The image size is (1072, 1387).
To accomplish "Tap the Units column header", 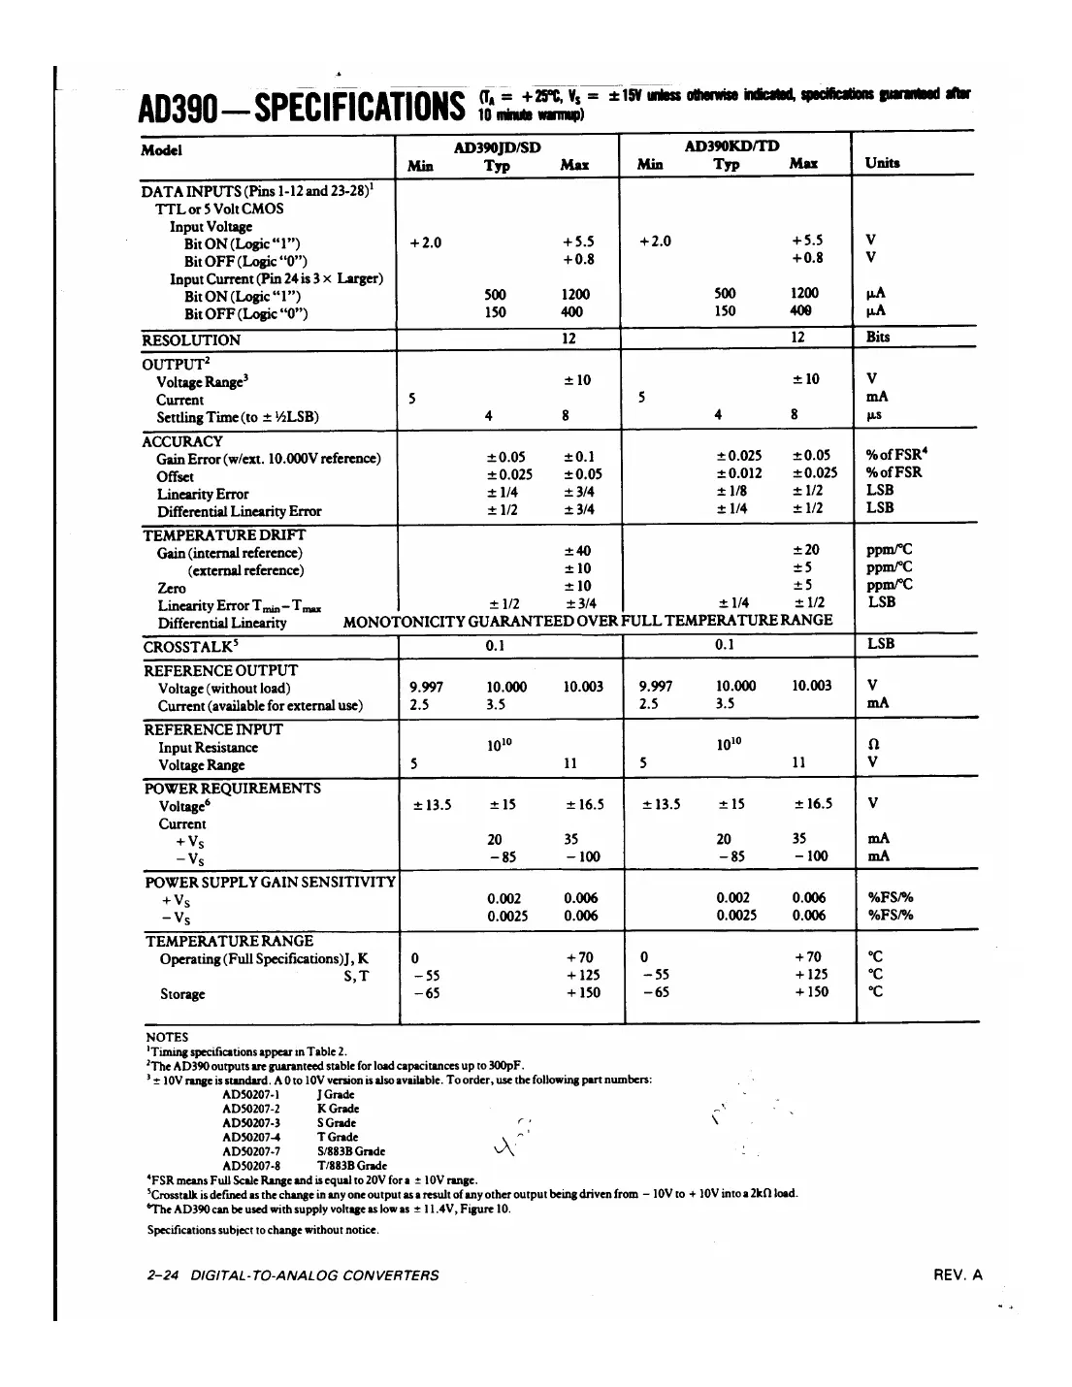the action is (x=882, y=163).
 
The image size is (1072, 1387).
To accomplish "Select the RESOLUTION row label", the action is (x=191, y=340).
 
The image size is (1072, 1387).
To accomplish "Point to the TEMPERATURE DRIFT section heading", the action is (x=224, y=535).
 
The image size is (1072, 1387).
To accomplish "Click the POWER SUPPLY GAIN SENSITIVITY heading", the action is (x=270, y=883).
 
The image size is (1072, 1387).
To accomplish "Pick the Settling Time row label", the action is (x=238, y=418).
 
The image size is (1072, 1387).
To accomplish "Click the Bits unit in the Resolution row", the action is (x=878, y=338).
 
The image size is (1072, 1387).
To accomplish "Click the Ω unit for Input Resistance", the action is (x=872, y=744).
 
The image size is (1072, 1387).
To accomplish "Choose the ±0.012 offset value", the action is (x=739, y=473).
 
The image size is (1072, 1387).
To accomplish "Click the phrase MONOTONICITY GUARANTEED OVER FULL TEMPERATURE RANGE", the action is (x=588, y=621).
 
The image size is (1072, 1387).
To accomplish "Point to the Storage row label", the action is (x=182, y=994).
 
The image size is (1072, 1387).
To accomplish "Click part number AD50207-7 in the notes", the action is (x=251, y=1151).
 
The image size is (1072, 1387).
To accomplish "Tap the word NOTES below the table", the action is (x=166, y=1037).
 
